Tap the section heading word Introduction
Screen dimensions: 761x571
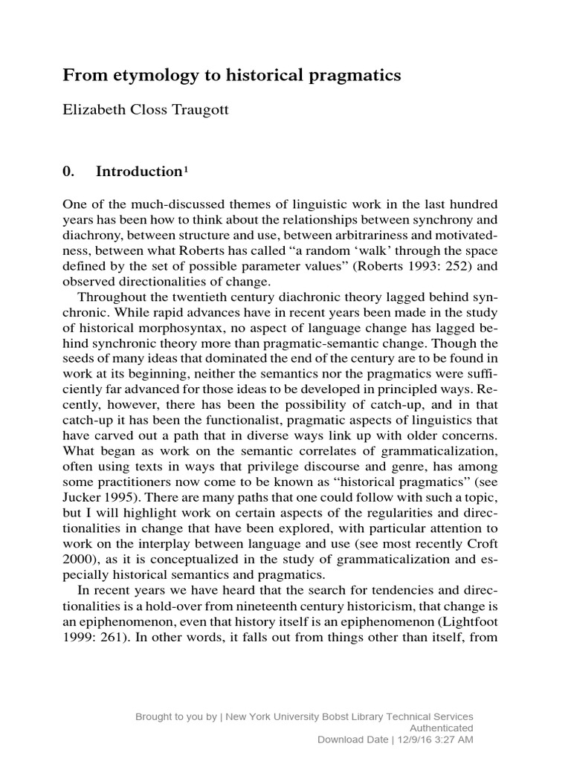coord(138,172)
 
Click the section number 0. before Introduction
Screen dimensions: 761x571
coord(69,172)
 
